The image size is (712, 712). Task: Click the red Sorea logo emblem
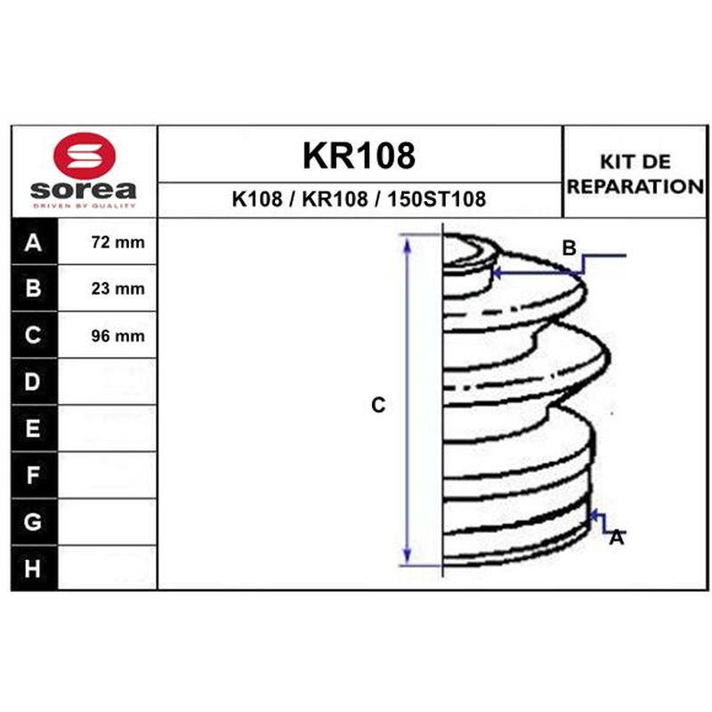tap(85, 154)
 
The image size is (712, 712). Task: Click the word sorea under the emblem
tap(84, 190)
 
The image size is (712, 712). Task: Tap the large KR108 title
tap(359, 156)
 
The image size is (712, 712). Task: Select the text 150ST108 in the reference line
tap(436, 198)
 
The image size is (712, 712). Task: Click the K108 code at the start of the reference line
tap(257, 198)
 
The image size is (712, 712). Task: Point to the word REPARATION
tap(635, 186)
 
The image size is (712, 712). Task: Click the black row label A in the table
tap(33, 242)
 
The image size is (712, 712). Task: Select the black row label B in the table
tap(33, 288)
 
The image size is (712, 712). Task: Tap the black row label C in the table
tap(33, 336)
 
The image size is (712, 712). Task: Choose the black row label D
tap(33, 382)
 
